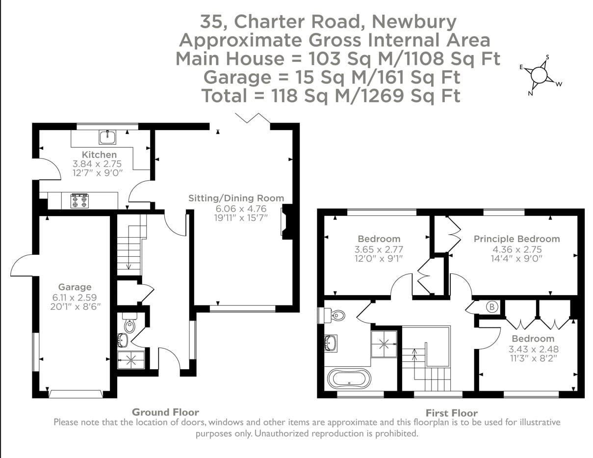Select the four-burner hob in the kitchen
tap(79, 200)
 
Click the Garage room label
tap(75, 287)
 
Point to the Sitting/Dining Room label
tap(236, 198)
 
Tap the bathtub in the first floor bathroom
tap(349, 380)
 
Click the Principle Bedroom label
tap(516, 239)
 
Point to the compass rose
tap(539, 75)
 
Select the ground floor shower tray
tap(131, 360)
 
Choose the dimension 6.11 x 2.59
tap(75, 296)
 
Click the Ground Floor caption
tap(165, 412)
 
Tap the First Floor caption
tap(451, 413)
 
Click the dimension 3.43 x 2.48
tap(533, 349)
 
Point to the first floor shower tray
tap(384, 344)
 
